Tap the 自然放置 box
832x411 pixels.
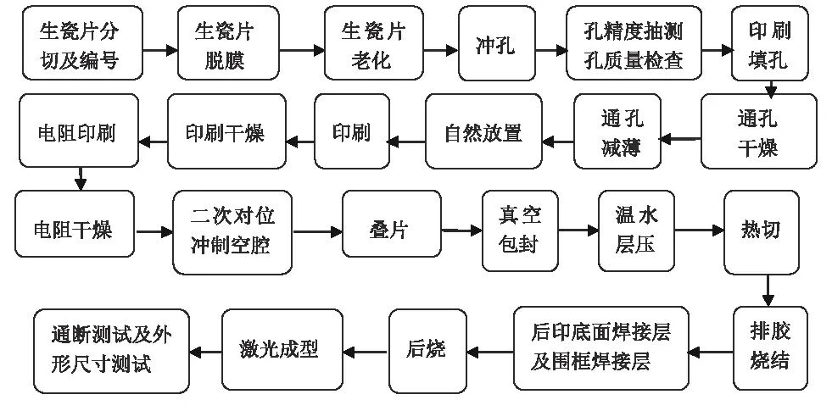pos(483,133)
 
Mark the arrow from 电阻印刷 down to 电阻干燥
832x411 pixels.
pos(81,178)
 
